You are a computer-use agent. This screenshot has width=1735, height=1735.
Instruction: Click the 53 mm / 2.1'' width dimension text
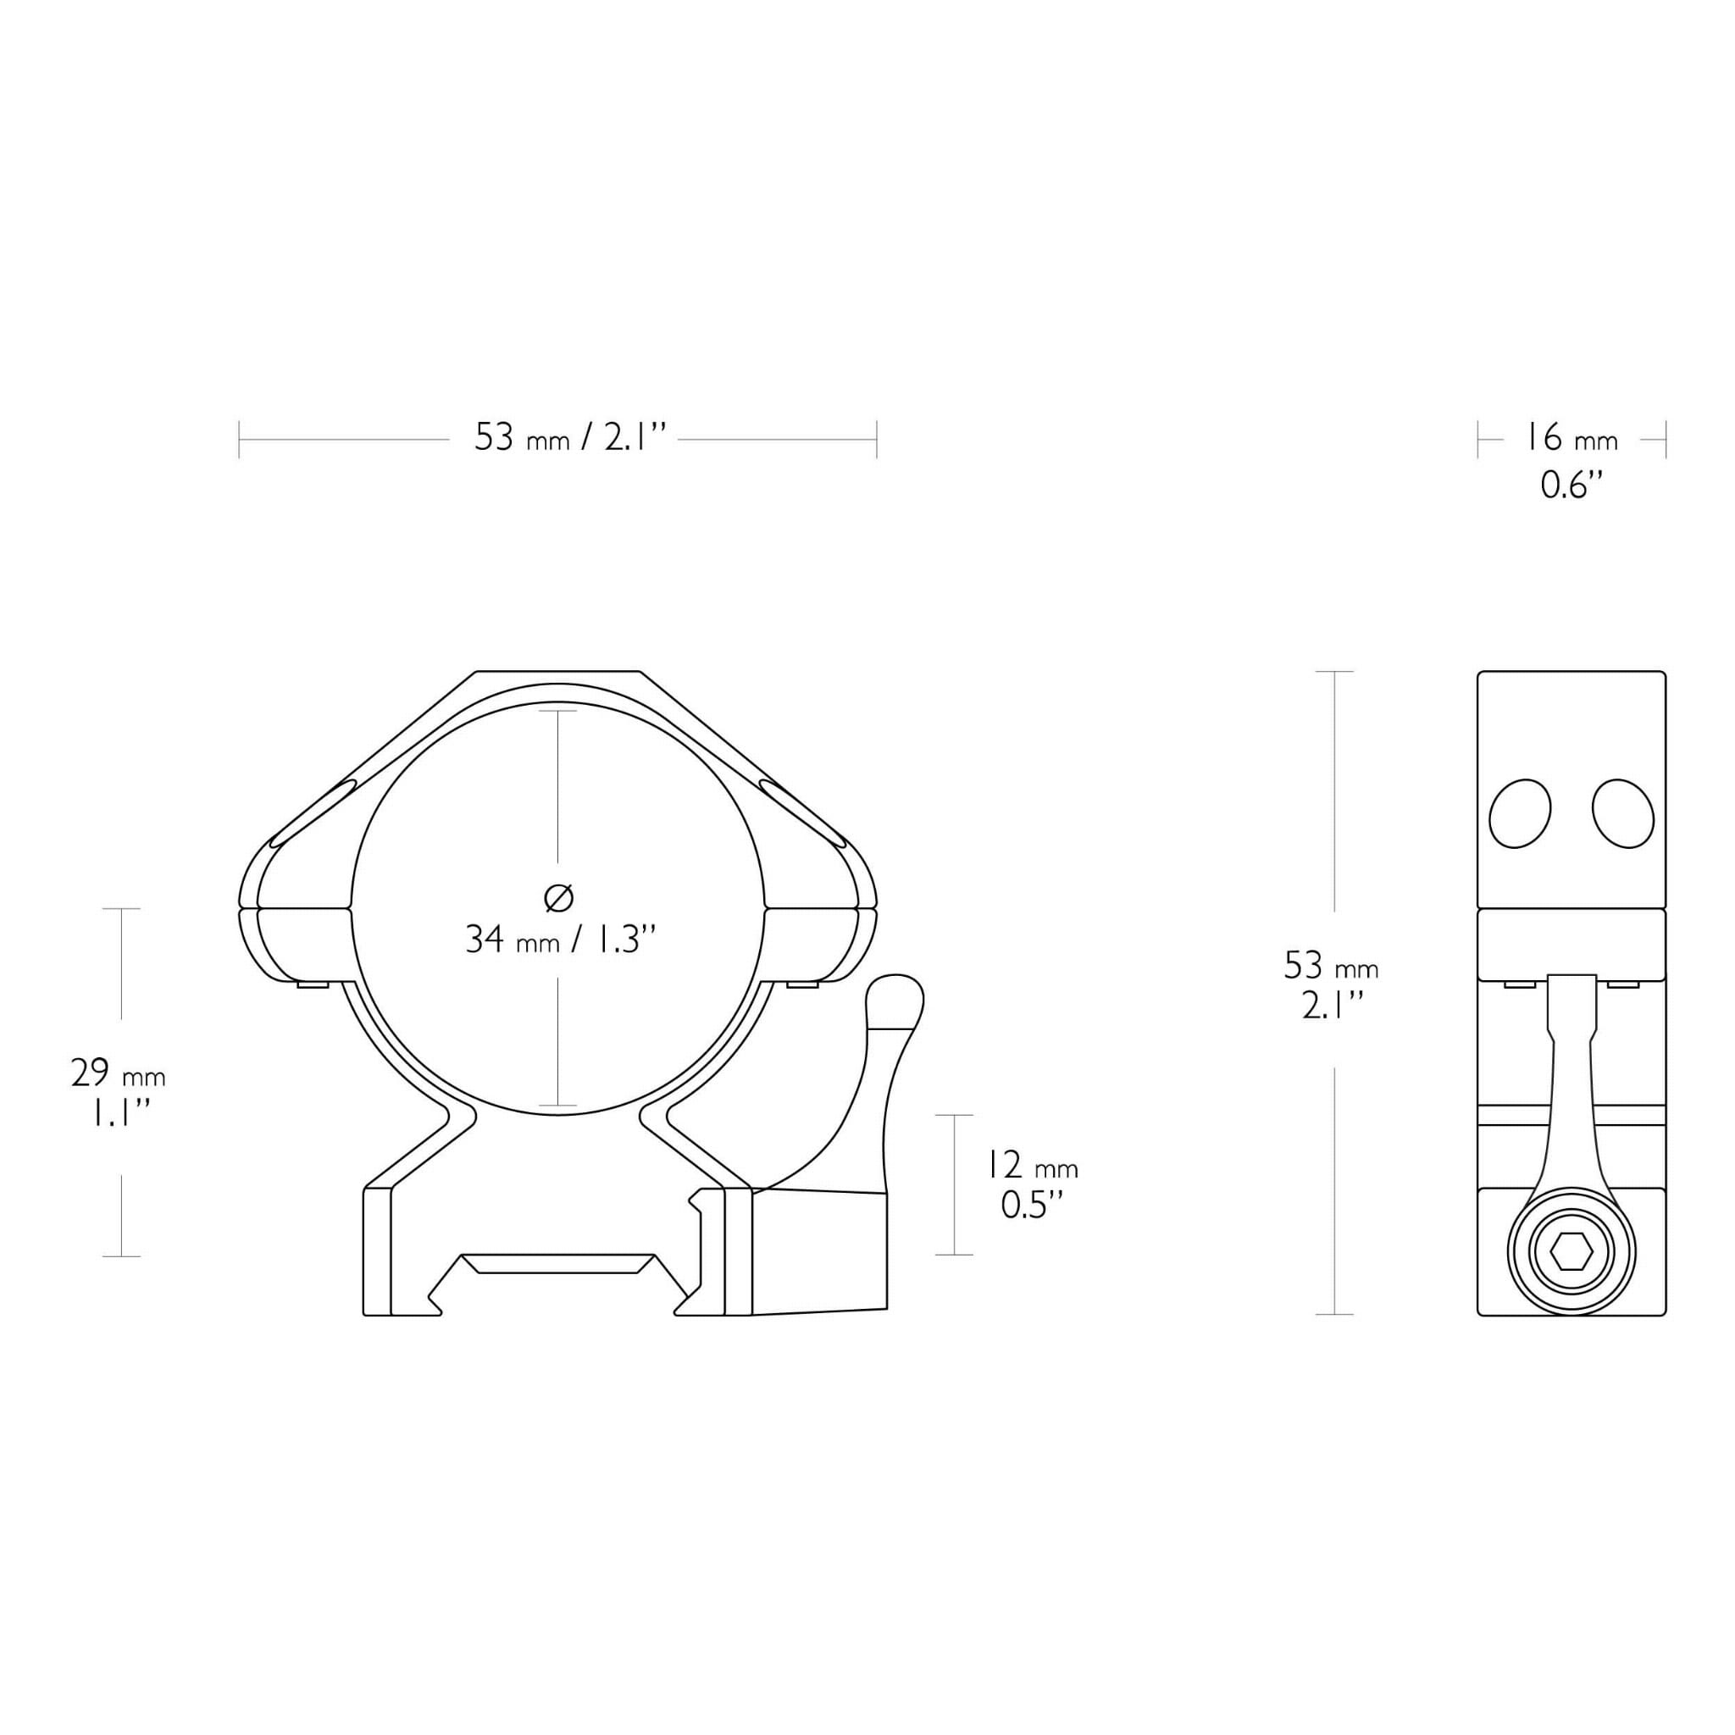coord(570,438)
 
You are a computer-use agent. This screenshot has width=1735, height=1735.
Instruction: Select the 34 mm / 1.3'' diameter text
coord(562,940)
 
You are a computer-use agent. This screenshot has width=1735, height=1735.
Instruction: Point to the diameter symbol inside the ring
coord(558,896)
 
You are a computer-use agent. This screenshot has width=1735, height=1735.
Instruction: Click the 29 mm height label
coord(118,1073)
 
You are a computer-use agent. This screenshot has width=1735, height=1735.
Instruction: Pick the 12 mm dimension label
coord(1032,1166)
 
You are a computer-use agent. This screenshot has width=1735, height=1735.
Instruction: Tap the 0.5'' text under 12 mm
coord(1032,1206)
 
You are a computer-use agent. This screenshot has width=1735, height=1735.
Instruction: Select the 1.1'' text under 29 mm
coord(119,1113)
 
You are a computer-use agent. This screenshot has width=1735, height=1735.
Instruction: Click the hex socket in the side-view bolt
coord(1571,1252)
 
